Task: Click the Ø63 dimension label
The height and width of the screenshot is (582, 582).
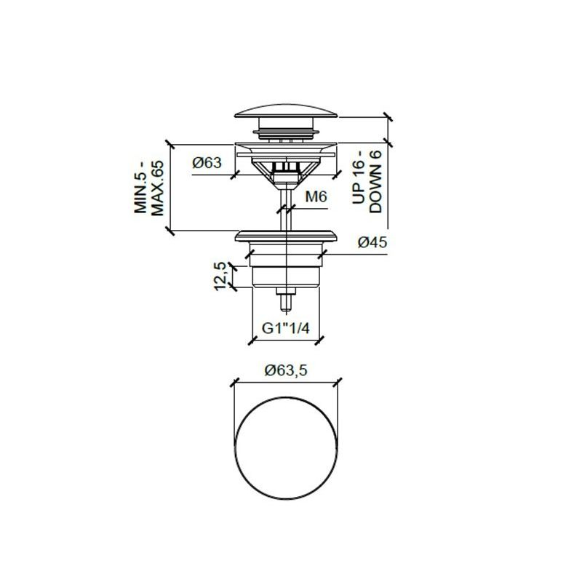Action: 207,164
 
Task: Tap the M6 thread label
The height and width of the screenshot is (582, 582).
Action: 315,196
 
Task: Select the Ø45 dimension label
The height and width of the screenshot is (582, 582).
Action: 371,243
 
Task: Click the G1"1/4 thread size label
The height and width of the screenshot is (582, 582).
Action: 286,328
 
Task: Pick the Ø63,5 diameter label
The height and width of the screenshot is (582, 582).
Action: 287,370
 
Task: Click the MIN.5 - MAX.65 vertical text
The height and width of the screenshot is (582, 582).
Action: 150,187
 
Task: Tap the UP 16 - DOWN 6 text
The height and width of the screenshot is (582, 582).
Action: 368,183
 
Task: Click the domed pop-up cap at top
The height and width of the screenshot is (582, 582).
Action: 287,113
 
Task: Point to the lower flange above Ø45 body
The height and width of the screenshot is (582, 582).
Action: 287,236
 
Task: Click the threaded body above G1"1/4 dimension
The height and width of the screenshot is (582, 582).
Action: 287,275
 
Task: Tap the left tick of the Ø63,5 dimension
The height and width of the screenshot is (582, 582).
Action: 234,383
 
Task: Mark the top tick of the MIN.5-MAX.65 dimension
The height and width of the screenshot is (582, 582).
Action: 170,141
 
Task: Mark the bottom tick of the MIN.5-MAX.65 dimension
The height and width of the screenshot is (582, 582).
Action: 170,231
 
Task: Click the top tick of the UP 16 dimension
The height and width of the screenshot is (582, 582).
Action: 388,116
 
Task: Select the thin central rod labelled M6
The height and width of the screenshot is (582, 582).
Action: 287,204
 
